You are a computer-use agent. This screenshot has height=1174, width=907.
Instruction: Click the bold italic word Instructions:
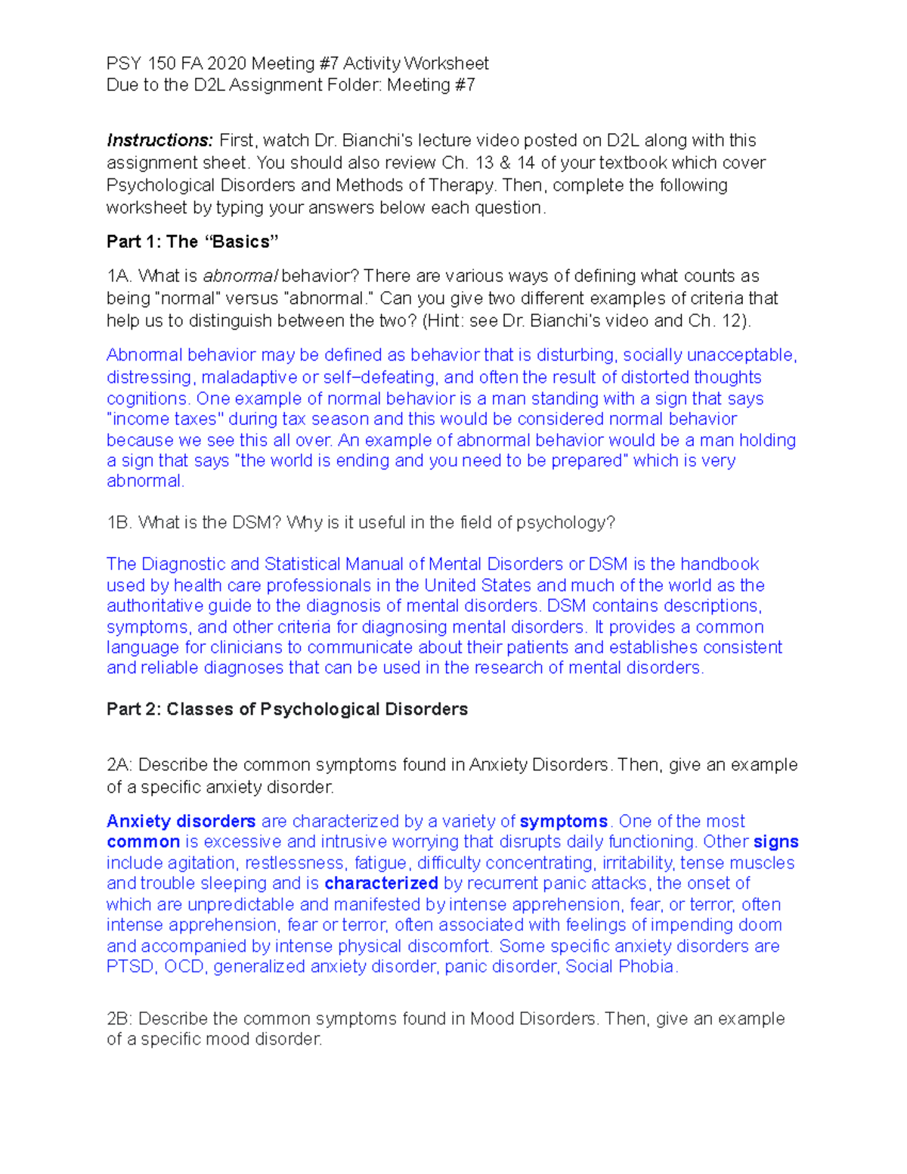coord(159,141)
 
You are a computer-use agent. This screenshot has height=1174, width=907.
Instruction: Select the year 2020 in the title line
coord(226,64)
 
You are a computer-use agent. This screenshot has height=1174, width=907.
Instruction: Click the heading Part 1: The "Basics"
coord(193,242)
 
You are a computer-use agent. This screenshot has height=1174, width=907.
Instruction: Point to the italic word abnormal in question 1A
coord(240,276)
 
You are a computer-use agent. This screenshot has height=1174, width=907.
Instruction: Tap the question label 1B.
coord(119,523)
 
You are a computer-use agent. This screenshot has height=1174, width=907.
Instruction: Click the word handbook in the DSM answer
coord(720,565)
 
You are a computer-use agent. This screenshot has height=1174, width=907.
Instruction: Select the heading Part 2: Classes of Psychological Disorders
coord(287,710)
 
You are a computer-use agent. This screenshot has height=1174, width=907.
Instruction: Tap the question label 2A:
coord(119,765)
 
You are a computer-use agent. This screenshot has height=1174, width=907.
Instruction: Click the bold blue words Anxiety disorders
coord(181,822)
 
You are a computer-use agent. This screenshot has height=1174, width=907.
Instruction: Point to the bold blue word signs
coord(775,842)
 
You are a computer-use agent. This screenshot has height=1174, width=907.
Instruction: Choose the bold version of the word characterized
coord(381,884)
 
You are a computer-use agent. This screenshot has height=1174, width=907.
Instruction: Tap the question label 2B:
coord(119,1019)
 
